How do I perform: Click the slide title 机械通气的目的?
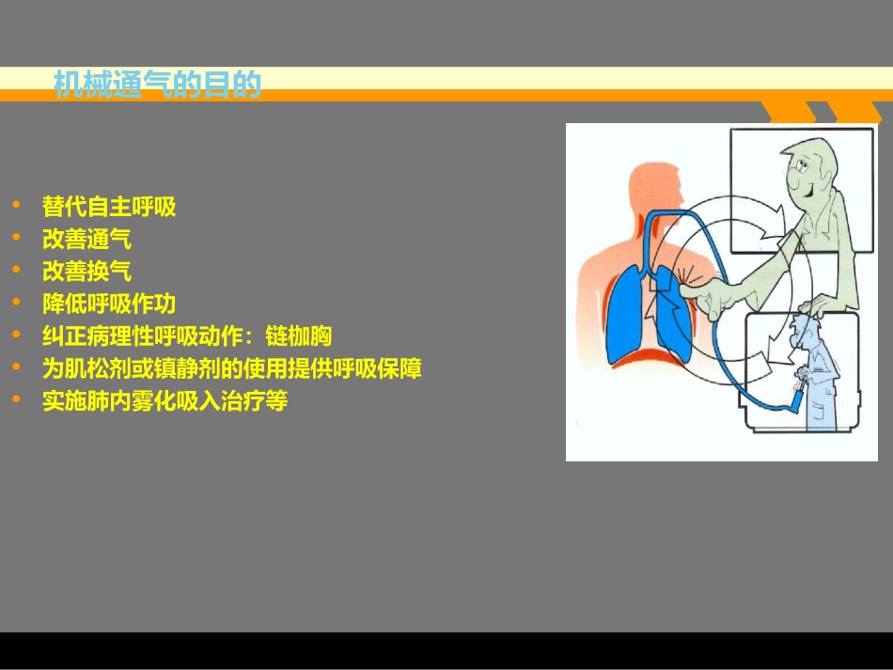pos(157,86)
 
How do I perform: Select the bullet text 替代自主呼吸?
pos(109,207)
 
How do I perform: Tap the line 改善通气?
pos(86,239)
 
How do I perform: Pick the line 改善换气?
pos(86,272)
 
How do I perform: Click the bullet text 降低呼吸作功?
pos(109,304)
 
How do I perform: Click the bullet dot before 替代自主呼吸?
pos(16,205)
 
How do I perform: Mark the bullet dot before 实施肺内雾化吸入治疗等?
pos(16,399)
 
